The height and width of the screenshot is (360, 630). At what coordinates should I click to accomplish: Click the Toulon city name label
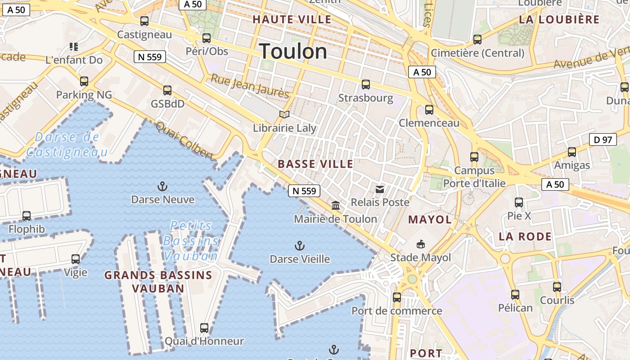tap(293, 51)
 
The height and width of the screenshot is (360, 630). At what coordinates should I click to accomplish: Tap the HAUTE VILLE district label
tap(292, 19)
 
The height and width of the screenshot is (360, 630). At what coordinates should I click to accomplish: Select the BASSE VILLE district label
tap(315, 164)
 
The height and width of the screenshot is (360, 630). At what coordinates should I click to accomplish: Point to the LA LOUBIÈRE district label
tap(559, 19)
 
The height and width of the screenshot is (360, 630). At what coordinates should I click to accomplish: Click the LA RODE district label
tap(525, 236)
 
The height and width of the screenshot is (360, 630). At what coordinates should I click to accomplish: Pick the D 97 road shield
tap(603, 139)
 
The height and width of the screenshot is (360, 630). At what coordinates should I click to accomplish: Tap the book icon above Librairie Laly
tap(284, 115)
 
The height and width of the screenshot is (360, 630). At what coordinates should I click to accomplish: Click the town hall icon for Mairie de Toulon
tap(336, 206)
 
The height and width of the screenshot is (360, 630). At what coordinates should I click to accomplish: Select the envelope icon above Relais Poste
tap(380, 189)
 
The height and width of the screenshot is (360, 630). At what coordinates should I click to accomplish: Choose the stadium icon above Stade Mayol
tap(420, 244)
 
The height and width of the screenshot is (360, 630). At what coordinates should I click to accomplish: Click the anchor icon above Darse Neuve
tap(162, 186)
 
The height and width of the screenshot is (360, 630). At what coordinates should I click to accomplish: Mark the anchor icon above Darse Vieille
tap(299, 246)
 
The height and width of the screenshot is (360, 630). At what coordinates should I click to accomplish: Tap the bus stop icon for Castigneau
tap(144, 21)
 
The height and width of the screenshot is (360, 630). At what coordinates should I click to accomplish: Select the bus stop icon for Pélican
tap(515, 295)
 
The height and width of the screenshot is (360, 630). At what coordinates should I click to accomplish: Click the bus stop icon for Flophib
tap(27, 216)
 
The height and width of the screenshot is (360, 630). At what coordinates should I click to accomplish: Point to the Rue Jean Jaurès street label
tap(250, 86)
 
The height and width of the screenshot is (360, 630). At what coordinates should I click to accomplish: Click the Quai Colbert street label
tap(184, 140)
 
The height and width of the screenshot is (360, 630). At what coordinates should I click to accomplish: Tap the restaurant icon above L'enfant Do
tap(74, 46)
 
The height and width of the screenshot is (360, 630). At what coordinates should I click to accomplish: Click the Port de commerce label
tap(396, 311)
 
